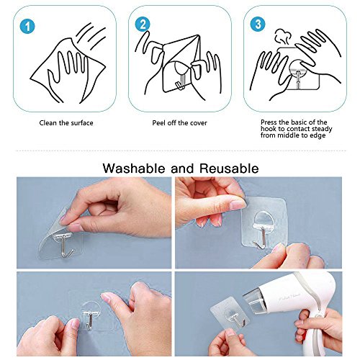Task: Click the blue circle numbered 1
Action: point(27,26)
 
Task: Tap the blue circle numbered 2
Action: point(143,24)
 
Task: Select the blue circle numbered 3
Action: point(258,24)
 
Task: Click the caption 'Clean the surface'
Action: point(66,123)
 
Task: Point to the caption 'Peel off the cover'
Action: point(179,123)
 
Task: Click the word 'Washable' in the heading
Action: point(134,168)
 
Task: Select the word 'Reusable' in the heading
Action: point(229,168)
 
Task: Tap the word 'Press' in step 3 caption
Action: point(269,122)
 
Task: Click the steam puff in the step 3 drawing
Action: point(283,37)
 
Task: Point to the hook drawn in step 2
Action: point(181,78)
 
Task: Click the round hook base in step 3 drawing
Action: point(297,67)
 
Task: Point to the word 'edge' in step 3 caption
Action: point(318,135)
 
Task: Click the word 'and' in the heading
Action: point(182,168)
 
